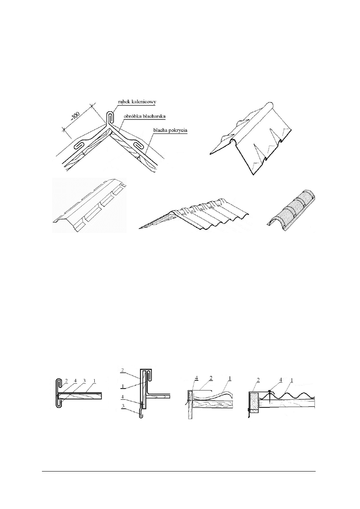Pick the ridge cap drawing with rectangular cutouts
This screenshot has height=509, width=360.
pos(89,206)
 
